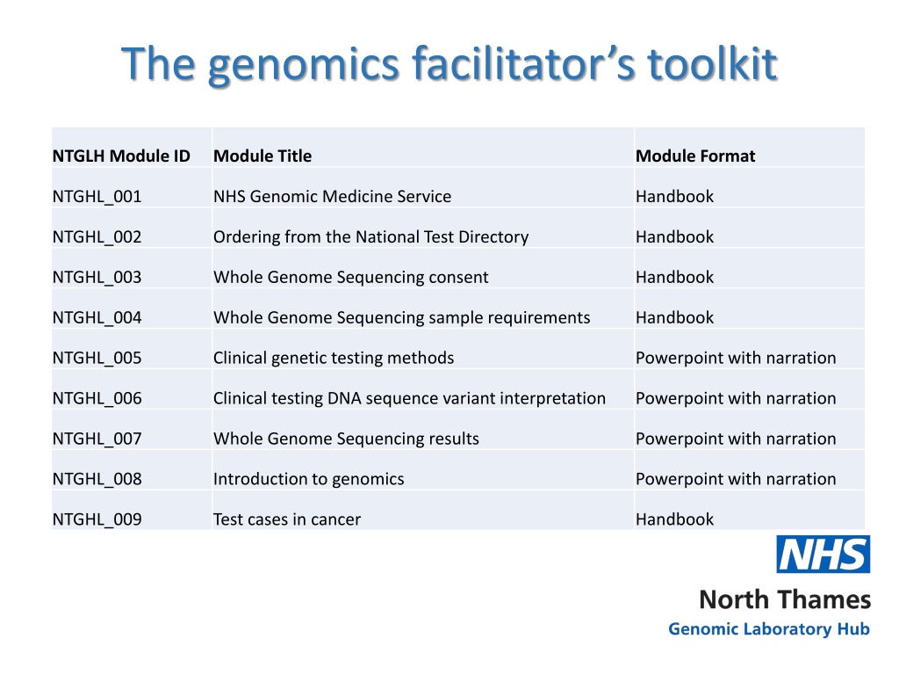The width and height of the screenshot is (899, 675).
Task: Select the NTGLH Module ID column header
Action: (121, 156)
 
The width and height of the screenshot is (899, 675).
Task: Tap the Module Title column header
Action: (263, 156)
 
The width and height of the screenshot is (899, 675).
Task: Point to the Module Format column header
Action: (695, 156)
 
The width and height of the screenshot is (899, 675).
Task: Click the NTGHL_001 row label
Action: (97, 196)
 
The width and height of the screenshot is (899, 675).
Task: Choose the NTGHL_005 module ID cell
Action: (97, 358)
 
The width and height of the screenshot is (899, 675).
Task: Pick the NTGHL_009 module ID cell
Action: (97, 519)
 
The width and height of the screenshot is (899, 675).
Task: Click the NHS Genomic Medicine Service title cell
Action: (332, 196)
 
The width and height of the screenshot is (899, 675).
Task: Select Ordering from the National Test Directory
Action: (371, 236)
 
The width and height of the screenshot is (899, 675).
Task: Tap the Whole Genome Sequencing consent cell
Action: (351, 277)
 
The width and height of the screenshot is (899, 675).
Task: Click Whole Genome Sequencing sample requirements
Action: (401, 317)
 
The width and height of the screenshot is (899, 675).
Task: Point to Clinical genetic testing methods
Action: (334, 359)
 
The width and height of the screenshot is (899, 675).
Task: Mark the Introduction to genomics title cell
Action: (308, 479)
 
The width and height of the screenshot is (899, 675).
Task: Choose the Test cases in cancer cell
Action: (287, 519)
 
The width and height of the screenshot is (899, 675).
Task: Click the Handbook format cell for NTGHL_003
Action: (675, 277)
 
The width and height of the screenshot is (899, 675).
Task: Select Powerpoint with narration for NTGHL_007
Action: (736, 439)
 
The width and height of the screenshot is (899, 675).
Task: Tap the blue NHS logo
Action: (823, 555)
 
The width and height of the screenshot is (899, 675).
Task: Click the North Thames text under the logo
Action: (785, 599)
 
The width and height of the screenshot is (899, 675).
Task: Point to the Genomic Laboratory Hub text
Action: (769, 629)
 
